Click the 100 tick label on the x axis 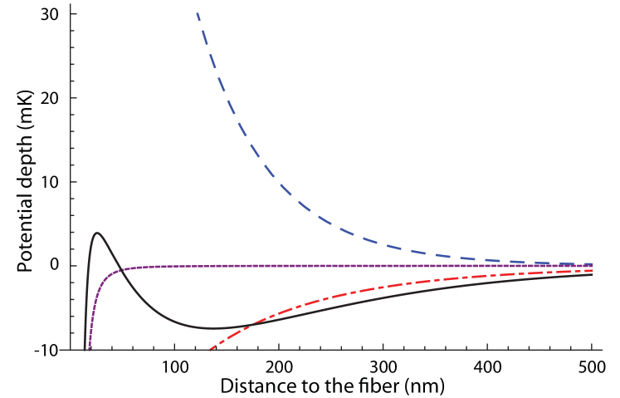[175, 366]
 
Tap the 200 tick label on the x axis [280, 366]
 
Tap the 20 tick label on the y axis [56, 182]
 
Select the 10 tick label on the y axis [56, 266]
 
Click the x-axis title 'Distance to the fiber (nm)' [332, 386]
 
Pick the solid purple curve [332, 266]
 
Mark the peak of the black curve [98, 233]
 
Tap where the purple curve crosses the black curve [119, 269]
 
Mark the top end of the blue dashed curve [197, 13]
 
